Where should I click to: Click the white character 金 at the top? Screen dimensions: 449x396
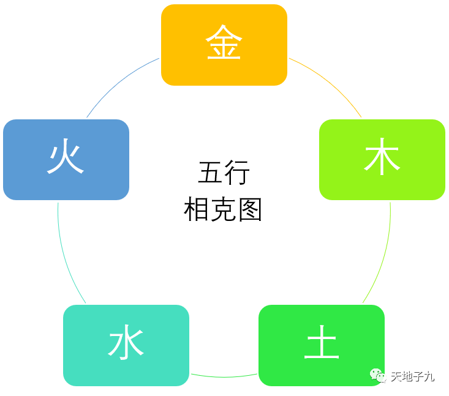click(224, 43)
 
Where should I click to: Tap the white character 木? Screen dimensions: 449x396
click(382, 159)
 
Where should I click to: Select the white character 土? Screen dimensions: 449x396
click(322, 344)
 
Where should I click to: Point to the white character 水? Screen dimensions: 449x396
click(126, 344)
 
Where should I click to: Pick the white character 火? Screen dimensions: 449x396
click(66, 159)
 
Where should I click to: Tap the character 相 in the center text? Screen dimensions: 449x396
click(195, 210)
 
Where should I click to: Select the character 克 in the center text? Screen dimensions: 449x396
click(223, 210)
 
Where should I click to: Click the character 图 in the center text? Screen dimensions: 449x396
click(250, 210)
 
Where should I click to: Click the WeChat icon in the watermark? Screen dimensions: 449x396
click(377, 375)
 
